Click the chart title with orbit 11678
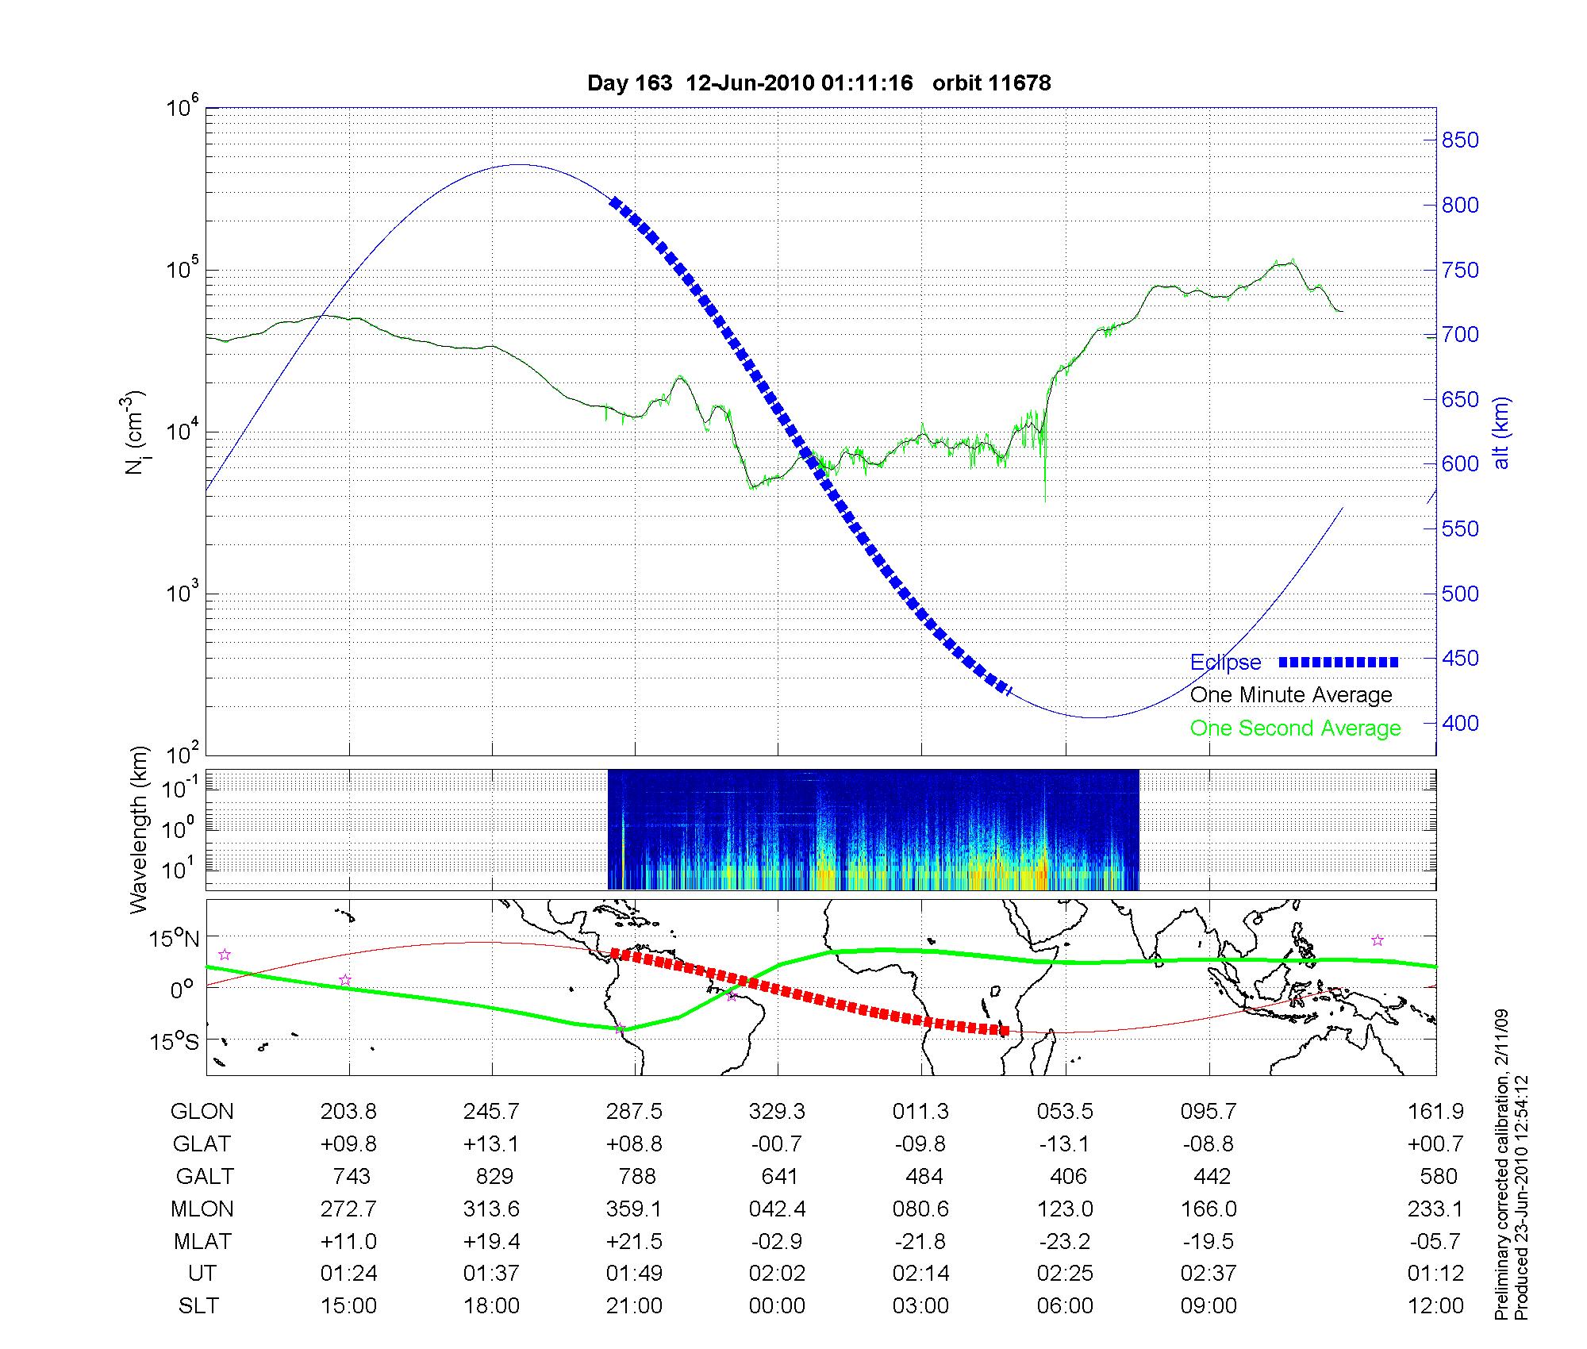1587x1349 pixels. tap(818, 83)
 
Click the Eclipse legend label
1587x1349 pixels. tap(1225, 663)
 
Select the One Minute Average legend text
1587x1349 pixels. tap(1291, 695)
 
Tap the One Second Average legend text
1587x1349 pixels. tap(1295, 728)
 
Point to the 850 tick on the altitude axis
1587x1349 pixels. tap(1460, 140)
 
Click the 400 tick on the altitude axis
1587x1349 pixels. tap(1460, 723)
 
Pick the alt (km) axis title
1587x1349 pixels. tap(1501, 432)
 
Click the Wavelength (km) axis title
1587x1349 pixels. tap(138, 830)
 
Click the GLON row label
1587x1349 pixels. tap(202, 1112)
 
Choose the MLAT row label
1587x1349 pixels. tap(202, 1241)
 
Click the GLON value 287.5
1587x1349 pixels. tap(634, 1112)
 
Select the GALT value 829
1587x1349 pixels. tap(493, 1176)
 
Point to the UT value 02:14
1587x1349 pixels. tap(920, 1274)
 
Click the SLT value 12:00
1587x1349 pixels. tap(1435, 1306)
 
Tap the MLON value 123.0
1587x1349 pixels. tap(1065, 1209)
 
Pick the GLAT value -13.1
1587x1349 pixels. tap(1065, 1144)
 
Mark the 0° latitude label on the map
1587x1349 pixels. tap(182, 990)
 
